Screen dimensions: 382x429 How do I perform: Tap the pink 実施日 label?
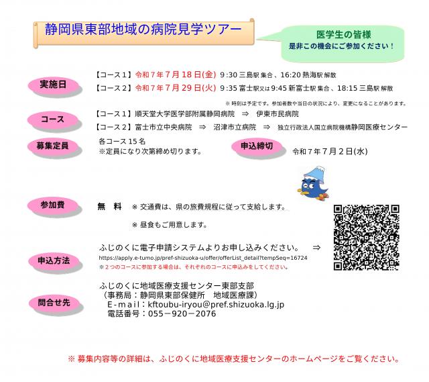pos(54,85)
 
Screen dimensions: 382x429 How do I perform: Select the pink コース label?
pos(53,120)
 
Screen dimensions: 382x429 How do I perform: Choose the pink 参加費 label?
pos(54,205)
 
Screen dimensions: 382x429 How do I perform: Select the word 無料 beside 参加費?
pos(109,205)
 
